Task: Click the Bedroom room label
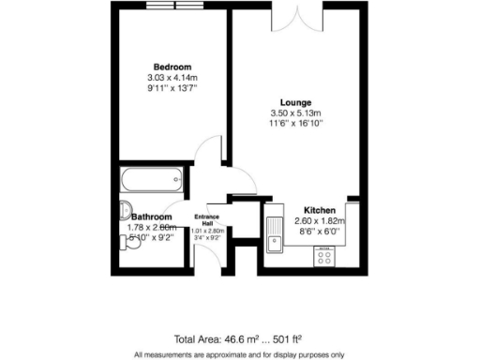tap(172, 67)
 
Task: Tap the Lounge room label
tap(295, 102)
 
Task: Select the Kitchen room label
tap(319, 210)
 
